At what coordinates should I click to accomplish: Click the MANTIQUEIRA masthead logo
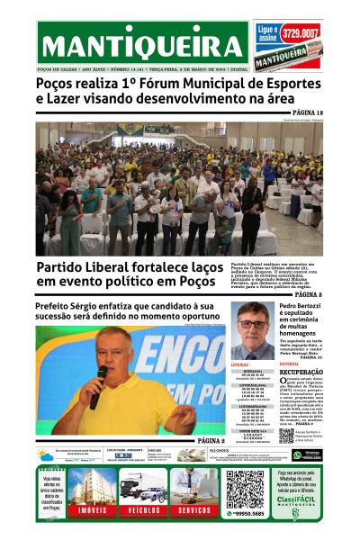(142, 45)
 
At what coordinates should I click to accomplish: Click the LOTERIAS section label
(240, 364)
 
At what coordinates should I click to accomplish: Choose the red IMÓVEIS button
(87, 510)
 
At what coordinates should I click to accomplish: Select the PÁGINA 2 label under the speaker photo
(210, 441)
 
